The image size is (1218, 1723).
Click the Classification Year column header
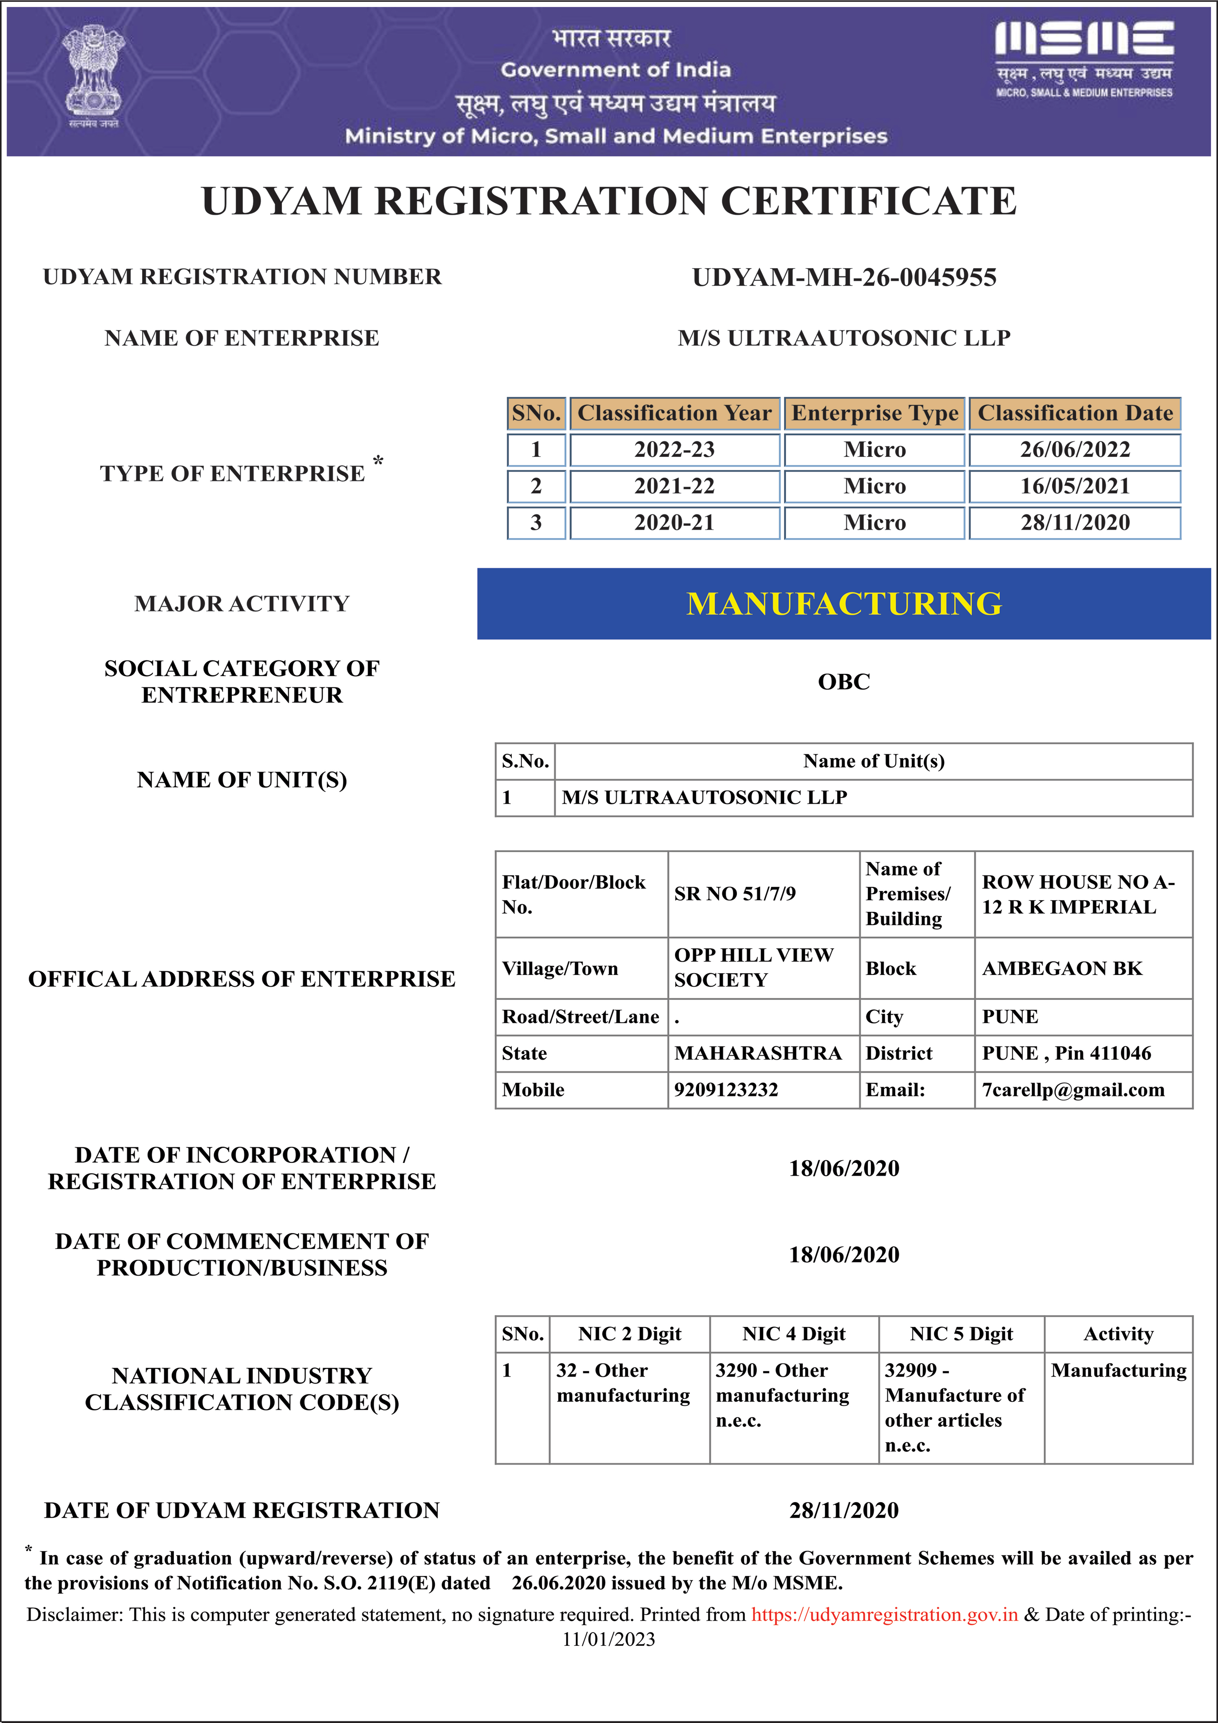point(674,414)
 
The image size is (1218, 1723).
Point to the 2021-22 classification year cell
point(674,486)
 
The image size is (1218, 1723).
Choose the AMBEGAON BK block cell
point(1062,969)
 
